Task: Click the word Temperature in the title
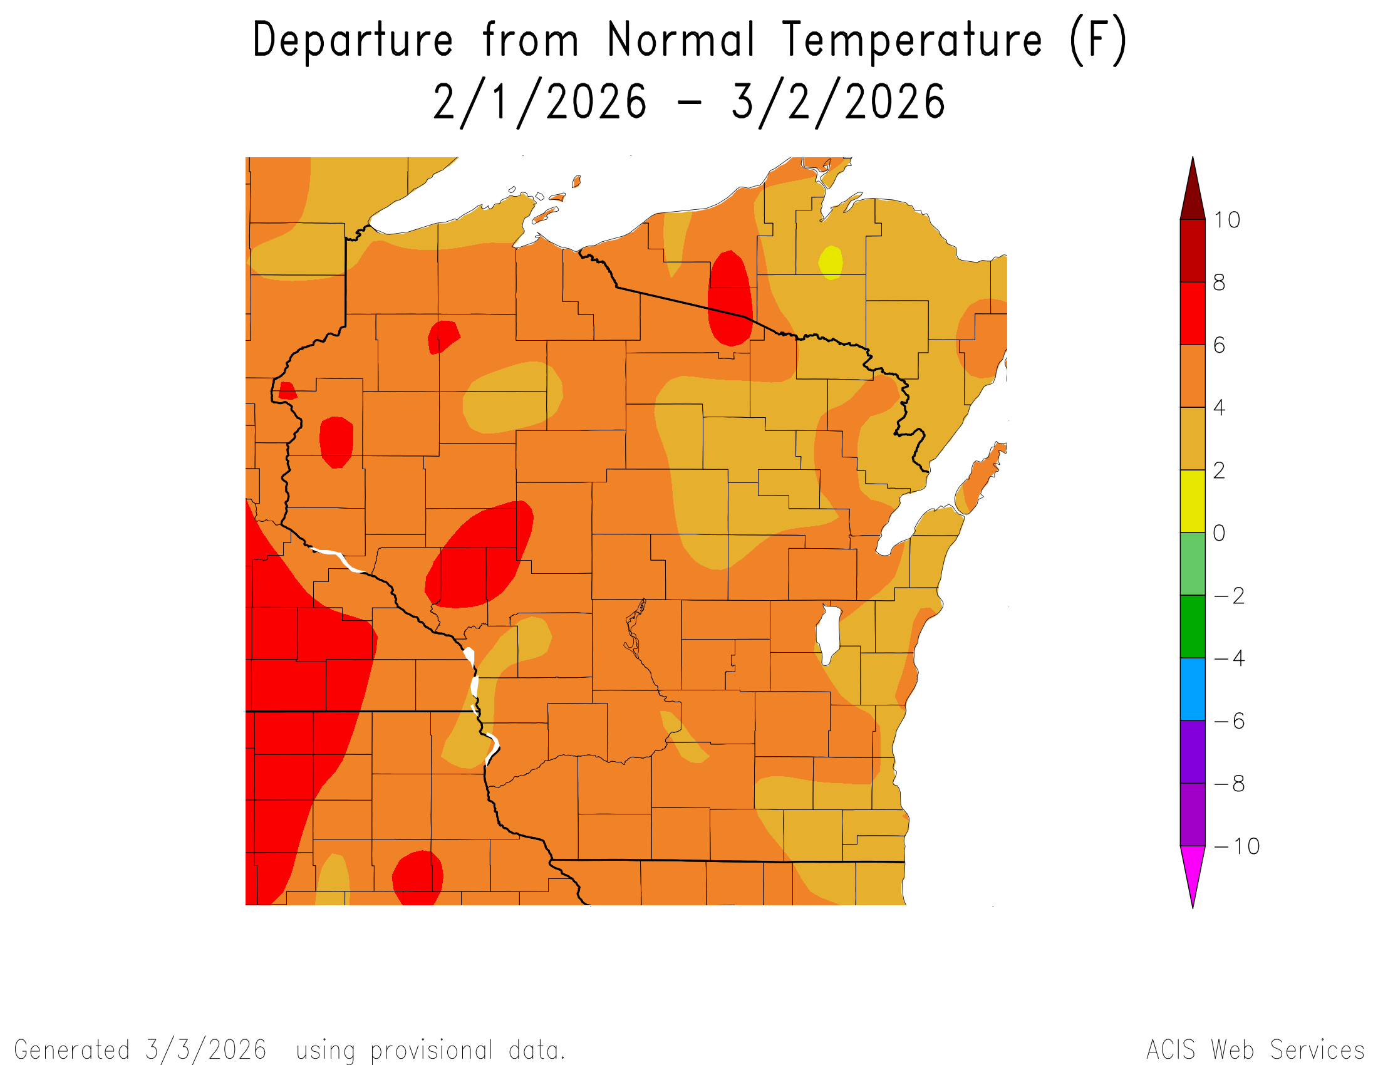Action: tap(912, 40)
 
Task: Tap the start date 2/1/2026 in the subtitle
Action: tap(539, 102)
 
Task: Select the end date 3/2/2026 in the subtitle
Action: tap(838, 102)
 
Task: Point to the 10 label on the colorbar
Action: tap(1226, 220)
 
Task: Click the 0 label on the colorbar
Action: tap(1219, 533)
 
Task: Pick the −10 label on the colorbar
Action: tap(1236, 846)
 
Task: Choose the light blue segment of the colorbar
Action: tap(1193, 689)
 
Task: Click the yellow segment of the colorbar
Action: tap(1193, 501)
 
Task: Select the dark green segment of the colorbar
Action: tap(1193, 626)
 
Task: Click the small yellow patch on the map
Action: tap(831, 262)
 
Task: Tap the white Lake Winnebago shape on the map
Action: tap(829, 633)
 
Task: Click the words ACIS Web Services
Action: tap(1255, 1050)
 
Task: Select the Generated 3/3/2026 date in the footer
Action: tap(205, 1050)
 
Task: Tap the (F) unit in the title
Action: tap(1098, 40)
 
